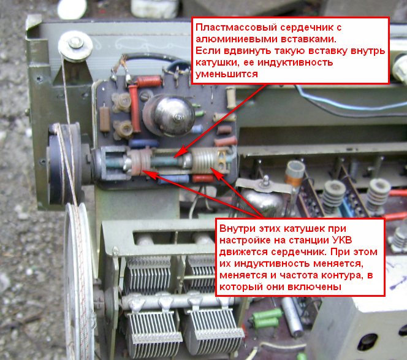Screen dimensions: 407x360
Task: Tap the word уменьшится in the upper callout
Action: (227, 74)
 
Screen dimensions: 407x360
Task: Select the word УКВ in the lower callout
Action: (341, 240)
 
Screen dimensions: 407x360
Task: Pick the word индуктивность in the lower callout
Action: (272, 263)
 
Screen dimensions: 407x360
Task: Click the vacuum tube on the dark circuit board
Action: (169, 115)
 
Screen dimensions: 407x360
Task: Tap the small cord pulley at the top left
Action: (75, 46)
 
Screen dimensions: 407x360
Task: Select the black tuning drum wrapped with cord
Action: (64, 163)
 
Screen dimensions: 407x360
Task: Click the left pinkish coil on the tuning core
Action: (140, 162)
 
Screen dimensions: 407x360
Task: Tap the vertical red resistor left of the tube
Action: (134, 109)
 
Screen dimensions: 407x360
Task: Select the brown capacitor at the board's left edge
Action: (105, 119)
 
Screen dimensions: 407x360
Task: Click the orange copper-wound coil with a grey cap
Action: (294, 173)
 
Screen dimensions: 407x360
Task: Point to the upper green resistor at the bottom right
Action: (268, 314)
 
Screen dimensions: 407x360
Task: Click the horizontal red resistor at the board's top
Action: (149, 82)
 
